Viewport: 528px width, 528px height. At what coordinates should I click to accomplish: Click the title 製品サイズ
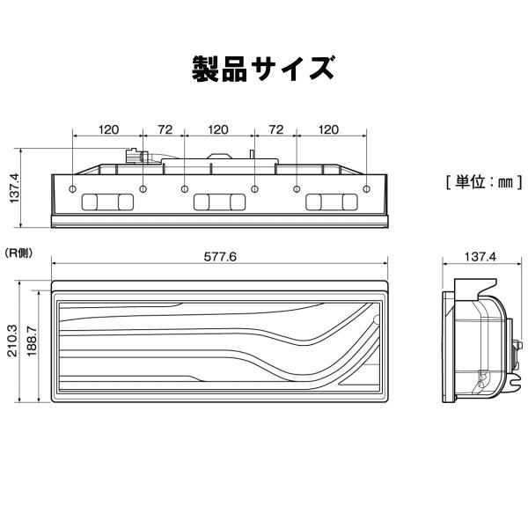coord(263,69)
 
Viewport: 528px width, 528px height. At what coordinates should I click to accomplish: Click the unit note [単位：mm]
coord(484,182)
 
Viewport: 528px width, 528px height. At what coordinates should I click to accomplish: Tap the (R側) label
coord(18,253)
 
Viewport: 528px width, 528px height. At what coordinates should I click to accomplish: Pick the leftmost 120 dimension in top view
coord(108,129)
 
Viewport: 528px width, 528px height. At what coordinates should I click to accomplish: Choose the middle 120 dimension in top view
coord(218,129)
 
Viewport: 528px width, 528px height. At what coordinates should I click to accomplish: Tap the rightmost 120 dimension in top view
coord(328,129)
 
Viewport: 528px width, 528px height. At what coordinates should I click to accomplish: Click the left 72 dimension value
coord(164,129)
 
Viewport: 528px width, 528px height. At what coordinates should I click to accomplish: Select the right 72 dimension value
coord(275,129)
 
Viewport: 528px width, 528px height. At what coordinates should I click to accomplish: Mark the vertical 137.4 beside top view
coord(13,187)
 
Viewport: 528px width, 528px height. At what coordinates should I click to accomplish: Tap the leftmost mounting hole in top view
coord(72,189)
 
